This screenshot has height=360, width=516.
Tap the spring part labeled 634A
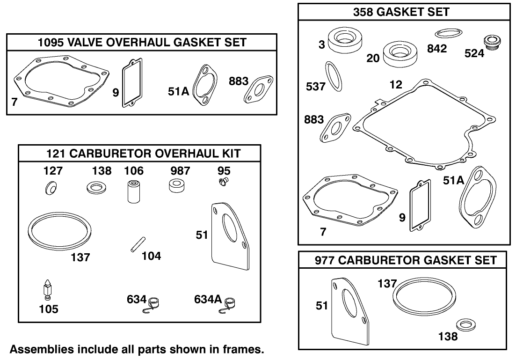point(229,303)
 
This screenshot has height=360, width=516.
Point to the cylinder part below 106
point(134,191)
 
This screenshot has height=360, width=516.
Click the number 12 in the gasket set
point(395,85)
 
